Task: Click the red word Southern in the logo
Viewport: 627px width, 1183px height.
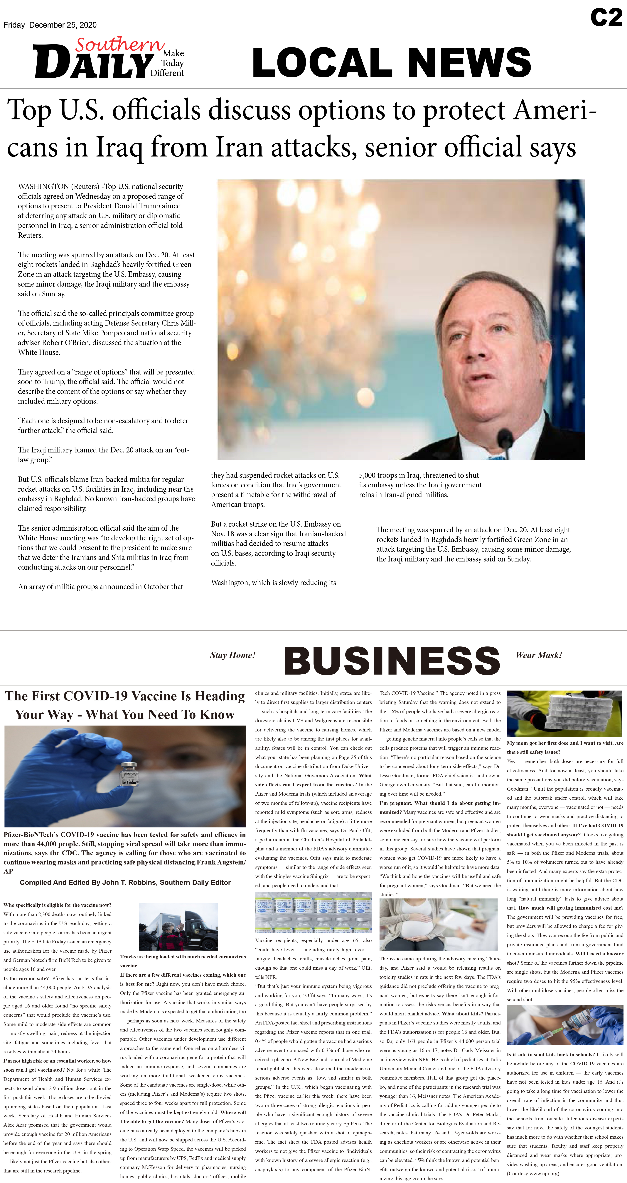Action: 119,45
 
